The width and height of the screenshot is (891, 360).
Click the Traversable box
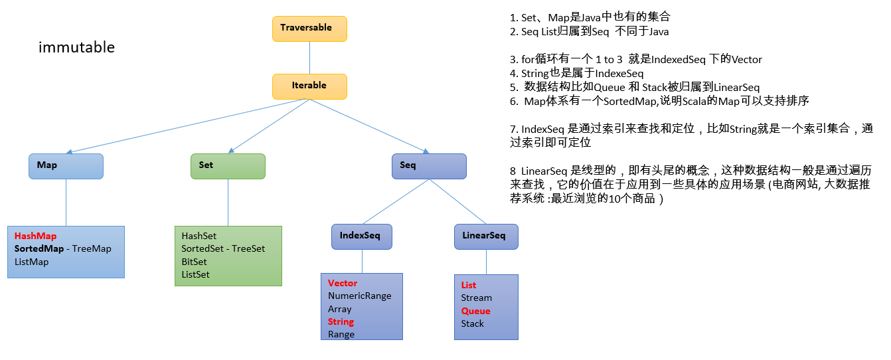pos(309,29)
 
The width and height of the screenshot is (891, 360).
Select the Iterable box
pos(309,86)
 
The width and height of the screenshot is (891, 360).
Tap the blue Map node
pos(66,166)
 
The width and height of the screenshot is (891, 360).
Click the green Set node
pos(228,166)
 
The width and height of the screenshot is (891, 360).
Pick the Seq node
pos(429,166)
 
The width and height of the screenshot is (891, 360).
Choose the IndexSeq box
pos(362,236)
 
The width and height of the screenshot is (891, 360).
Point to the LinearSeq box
pos(486,236)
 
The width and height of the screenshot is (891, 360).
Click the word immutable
pos(77,47)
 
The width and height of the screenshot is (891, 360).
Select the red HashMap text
pos(35,236)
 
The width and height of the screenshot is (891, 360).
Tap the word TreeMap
pos(92,248)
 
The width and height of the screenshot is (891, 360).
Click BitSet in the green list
pos(194,262)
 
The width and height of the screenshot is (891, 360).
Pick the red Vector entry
pos(343,283)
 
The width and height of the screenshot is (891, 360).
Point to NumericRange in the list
pos(360,296)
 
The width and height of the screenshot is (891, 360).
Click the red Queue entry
pos(476,311)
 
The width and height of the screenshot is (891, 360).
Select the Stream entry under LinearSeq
pos(477,298)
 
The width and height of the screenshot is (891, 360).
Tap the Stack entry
pos(473,324)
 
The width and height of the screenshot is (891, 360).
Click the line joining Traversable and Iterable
pos(309,58)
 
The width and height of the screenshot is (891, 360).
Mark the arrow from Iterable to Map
pos(188,126)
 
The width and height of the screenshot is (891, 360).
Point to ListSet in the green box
pos(195,274)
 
